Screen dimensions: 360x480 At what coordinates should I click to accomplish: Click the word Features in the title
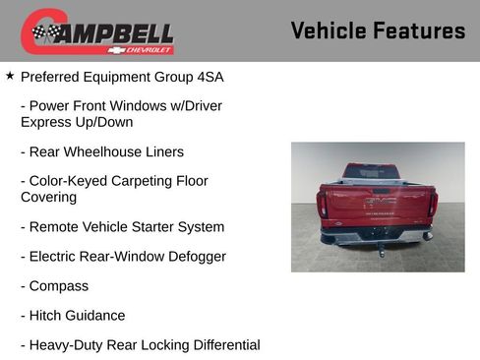click(419, 31)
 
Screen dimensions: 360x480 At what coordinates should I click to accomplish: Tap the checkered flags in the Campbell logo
click(44, 32)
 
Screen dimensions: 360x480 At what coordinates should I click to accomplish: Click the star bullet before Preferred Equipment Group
click(10, 75)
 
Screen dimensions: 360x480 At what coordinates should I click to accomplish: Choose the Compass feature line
click(58, 286)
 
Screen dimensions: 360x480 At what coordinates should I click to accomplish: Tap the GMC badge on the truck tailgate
click(379, 201)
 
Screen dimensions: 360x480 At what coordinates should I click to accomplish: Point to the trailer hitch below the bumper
click(381, 248)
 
